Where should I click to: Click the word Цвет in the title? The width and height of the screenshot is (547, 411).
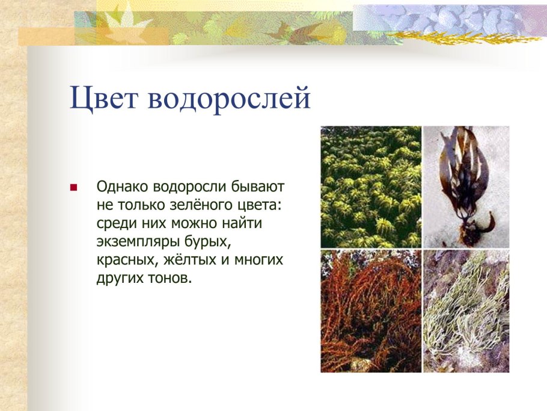point(105,97)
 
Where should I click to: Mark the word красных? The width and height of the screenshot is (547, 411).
point(123,261)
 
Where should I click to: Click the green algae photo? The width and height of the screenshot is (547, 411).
point(371,187)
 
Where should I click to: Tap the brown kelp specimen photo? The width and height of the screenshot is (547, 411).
point(466,187)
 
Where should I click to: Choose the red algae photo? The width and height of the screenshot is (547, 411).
point(371,312)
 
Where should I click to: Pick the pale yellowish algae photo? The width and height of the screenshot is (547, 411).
point(466,312)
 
